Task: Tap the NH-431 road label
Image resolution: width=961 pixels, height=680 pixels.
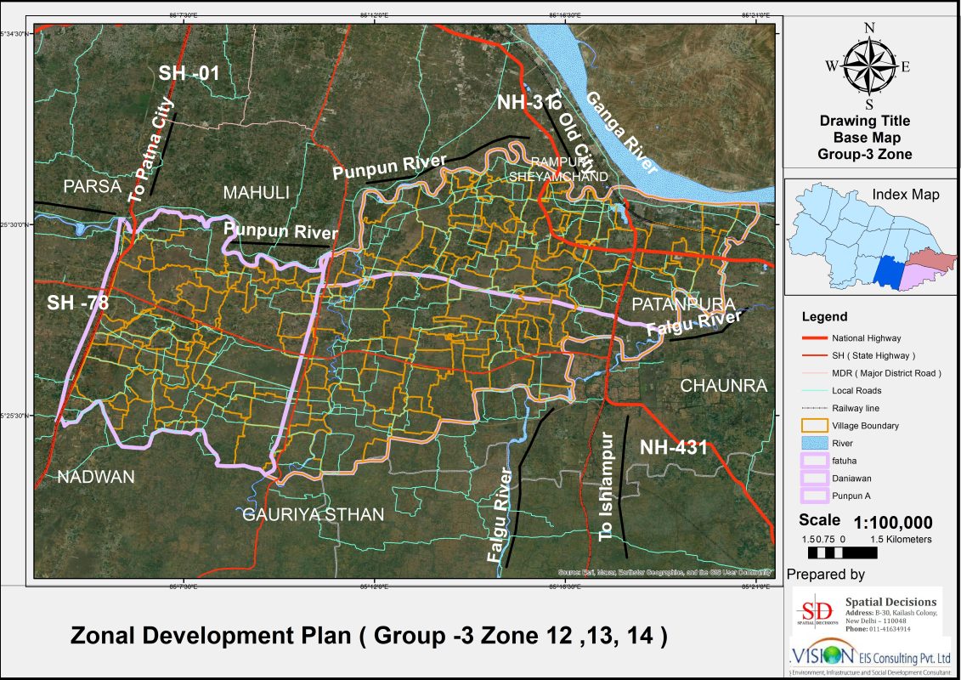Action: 673,447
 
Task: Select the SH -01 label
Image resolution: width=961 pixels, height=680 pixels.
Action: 189,74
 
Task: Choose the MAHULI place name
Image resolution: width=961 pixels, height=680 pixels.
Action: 256,193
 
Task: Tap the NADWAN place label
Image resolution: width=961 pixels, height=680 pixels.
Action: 95,478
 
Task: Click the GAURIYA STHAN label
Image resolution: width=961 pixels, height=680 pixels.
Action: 314,514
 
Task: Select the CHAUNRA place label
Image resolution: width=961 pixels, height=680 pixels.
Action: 723,386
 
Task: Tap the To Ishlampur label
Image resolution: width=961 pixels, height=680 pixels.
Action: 606,487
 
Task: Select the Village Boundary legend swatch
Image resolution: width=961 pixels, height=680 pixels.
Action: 813,426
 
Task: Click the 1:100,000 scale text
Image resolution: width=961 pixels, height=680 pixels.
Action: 893,522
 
